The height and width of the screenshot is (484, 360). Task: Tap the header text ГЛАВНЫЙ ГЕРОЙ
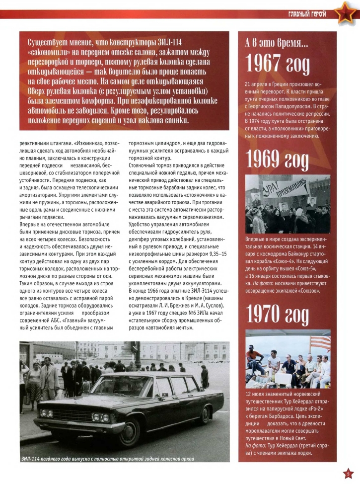[307, 13]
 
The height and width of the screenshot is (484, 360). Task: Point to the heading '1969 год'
[278, 161]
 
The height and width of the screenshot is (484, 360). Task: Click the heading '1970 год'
[278, 314]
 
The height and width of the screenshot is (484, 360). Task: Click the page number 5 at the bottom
[349, 473]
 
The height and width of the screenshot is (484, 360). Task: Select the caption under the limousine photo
[107, 458]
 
